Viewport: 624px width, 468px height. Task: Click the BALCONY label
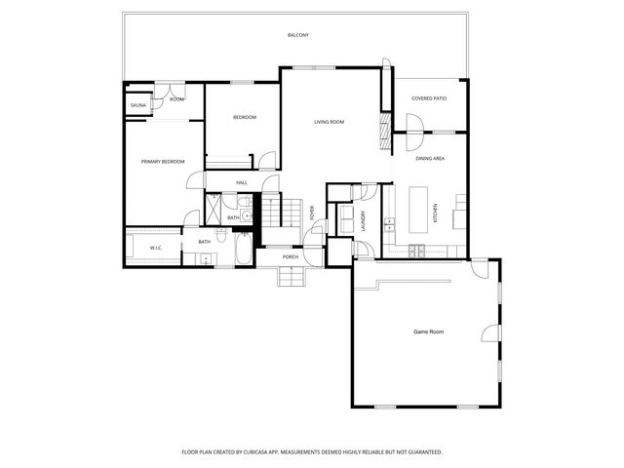point(298,36)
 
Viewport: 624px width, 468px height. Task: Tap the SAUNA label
point(137,104)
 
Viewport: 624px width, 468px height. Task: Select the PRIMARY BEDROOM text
point(163,161)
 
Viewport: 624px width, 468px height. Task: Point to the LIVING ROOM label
point(329,122)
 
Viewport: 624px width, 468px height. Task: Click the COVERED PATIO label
point(429,98)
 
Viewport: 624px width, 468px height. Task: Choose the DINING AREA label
point(431,157)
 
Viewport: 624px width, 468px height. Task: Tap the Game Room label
point(429,332)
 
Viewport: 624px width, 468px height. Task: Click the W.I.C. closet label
point(156,249)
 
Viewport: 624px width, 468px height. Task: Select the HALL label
point(242,182)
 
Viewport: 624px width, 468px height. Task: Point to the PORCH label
point(291,257)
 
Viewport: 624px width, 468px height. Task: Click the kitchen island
point(420,209)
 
